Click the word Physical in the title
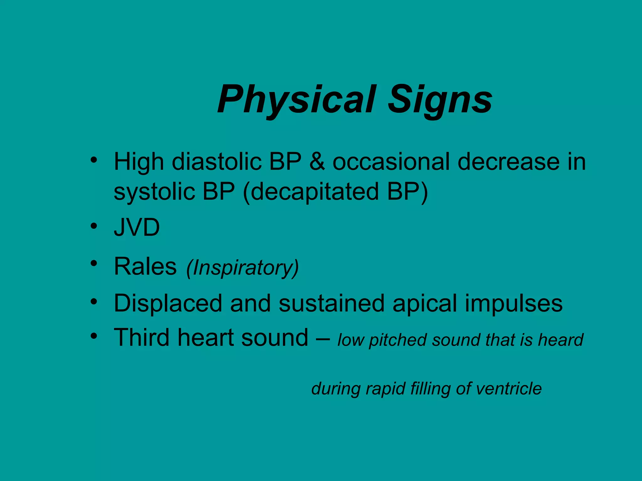pyautogui.click(x=297, y=100)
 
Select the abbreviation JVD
pyautogui.click(x=137, y=227)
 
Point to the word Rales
pyautogui.click(x=145, y=266)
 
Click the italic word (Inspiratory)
pyautogui.click(x=242, y=268)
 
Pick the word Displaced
pyautogui.click(x=168, y=303)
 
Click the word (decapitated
pyautogui.click(x=311, y=192)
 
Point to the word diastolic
pyautogui.click(x=217, y=162)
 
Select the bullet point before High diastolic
pyautogui.click(x=93, y=160)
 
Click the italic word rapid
pyautogui.click(x=385, y=389)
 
